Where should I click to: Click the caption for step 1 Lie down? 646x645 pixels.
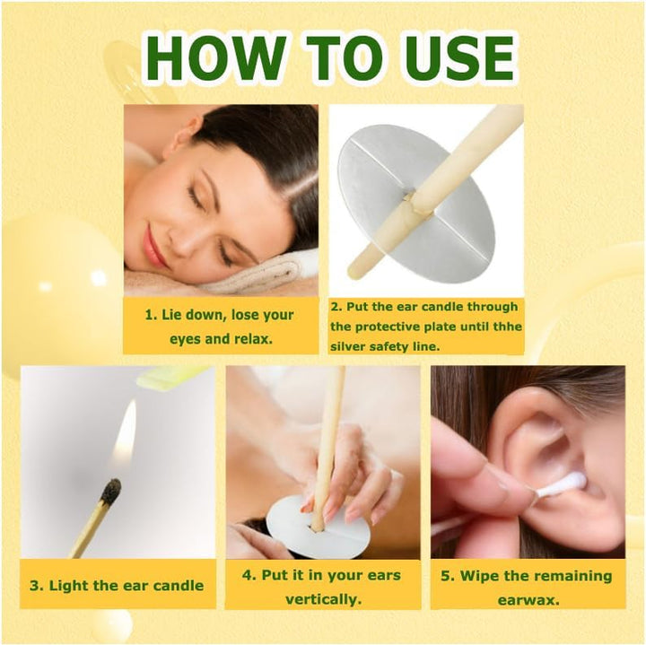click(220, 327)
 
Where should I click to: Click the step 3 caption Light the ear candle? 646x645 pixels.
click(117, 585)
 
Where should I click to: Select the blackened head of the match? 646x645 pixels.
click(110, 491)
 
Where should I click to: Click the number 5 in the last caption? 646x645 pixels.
click(446, 576)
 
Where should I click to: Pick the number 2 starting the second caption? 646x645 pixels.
click(336, 306)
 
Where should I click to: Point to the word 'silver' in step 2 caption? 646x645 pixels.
click(349, 346)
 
